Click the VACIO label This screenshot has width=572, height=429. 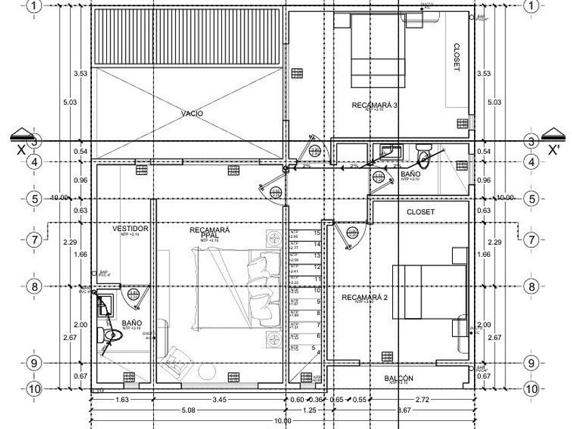pyautogui.click(x=192, y=113)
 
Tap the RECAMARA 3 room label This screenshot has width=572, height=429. pyautogui.click(x=375, y=105)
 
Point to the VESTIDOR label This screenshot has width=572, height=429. pyautogui.click(x=130, y=229)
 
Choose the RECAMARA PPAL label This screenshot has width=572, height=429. pyautogui.click(x=210, y=233)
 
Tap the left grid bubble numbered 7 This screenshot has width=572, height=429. pyautogui.click(x=35, y=240)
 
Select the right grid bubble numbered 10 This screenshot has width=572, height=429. pyautogui.click(x=532, y=389)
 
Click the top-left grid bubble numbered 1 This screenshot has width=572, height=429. pyautogui.click(x=35, y=6)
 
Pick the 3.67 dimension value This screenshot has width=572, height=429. pyautogui.click(x=404, y=411)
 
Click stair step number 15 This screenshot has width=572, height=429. pyautogui.click(x=317, y=233)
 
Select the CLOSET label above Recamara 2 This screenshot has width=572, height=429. pyautogui.click(x=420, y=212)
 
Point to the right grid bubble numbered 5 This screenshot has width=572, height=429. pyautogui.click(x=532, y=199)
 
